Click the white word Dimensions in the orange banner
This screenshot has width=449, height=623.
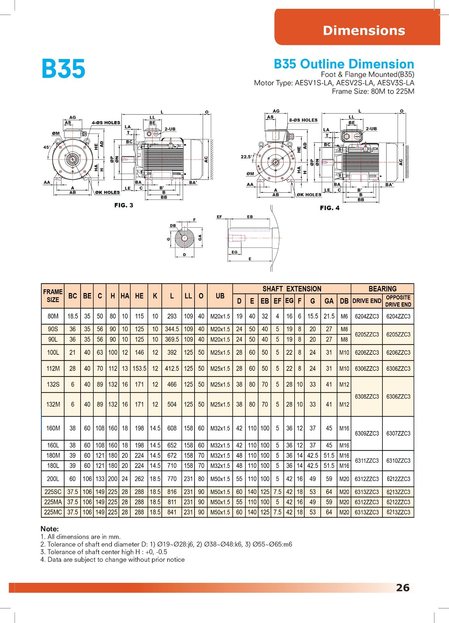(364, 30)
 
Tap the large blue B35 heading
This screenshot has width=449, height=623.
(63, 69)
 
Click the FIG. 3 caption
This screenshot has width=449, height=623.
(124, 205)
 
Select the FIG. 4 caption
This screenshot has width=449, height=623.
(330, 208)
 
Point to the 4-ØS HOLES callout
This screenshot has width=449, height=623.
(106, 123)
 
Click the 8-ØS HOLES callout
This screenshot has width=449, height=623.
(303, 120)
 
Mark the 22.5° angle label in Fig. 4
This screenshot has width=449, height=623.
(246, 157)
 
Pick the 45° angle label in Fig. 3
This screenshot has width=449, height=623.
(47, 147)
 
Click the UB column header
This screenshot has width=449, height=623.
(220, 296)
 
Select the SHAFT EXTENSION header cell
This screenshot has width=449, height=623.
(292, 289)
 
